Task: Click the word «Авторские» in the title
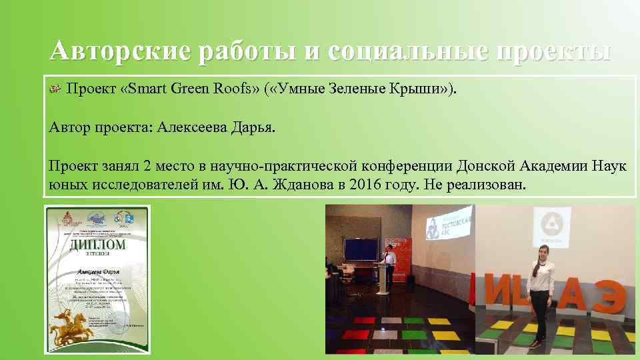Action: click(114, 51)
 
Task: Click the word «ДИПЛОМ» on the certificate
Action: click(97, 245)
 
